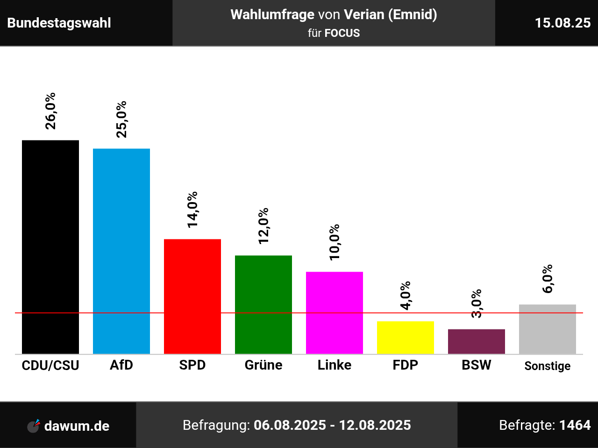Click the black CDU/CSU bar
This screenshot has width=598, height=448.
[50, 247]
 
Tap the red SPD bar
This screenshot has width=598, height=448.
[192, 296]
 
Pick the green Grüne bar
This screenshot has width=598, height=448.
[263, 304]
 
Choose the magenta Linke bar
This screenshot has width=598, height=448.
[335, 313]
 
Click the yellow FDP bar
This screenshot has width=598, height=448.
[406, 337]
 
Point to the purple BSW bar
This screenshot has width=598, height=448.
[477, 341]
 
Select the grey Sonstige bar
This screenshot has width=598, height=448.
[548, 329]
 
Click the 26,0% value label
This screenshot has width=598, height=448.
[50, 111]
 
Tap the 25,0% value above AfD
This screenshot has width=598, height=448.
[121, 119]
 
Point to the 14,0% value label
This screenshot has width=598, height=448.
[192, 210]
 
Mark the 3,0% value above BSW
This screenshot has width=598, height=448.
[477, 304]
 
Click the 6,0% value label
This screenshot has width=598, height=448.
[548, 279]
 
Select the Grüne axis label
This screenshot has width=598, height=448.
[263, 365]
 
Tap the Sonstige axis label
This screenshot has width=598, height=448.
[548, 366]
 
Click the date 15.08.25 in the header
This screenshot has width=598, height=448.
[562, 23]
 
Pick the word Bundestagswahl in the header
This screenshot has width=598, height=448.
[59, 23]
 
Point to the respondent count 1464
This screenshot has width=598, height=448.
[575, 425]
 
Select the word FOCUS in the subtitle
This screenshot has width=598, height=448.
[342, 33]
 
